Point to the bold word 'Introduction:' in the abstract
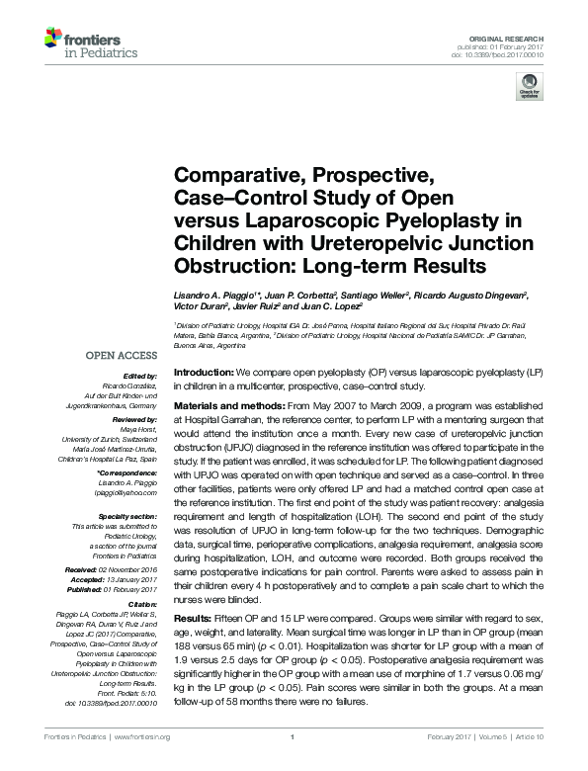203,372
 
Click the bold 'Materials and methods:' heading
232,407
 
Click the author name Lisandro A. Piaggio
216,296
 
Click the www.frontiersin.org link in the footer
143,737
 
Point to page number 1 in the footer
294,737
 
